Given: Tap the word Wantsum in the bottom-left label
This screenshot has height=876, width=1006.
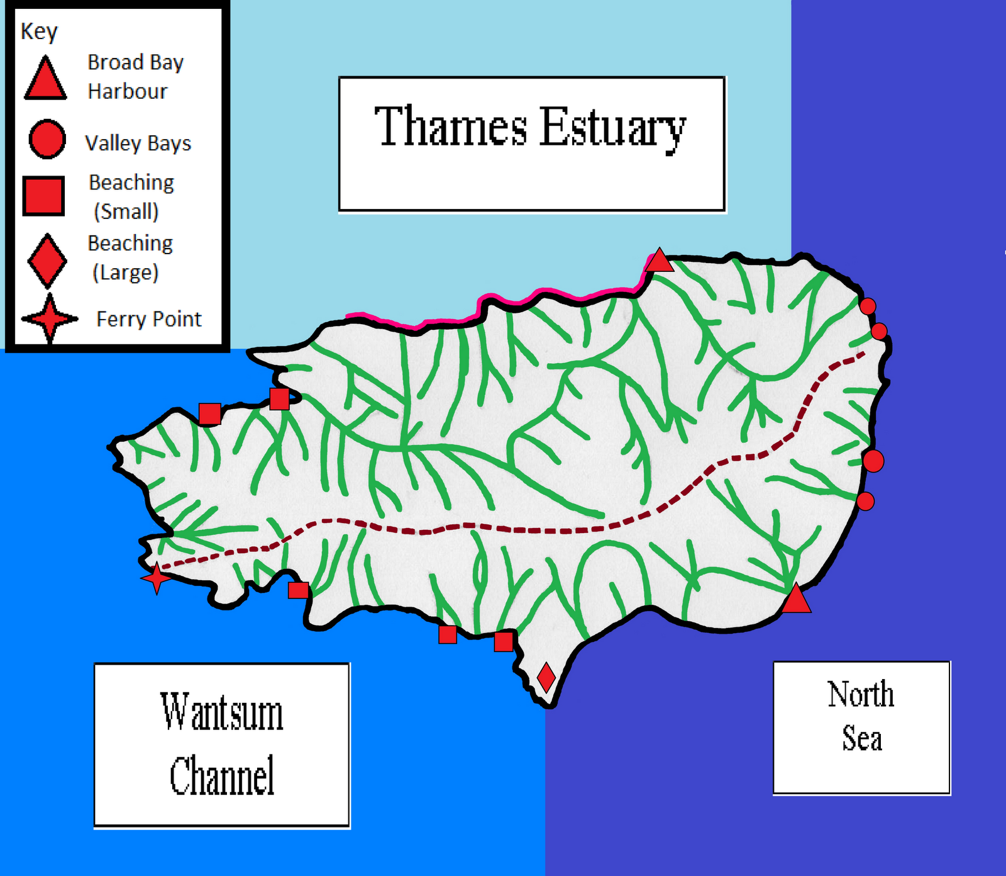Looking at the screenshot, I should (221, 712).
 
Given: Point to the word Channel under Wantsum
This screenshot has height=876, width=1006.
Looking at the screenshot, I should (222, 776).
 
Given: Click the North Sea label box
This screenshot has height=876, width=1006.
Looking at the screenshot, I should (861, 727).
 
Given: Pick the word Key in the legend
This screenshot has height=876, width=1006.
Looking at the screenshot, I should (38, 31).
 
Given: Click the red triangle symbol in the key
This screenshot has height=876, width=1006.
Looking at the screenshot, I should (45, 79).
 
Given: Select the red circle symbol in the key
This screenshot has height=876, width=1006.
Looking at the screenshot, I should (47, 139).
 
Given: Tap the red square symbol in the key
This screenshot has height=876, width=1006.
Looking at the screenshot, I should (43, 196).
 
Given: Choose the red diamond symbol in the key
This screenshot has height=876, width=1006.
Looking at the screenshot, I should (47, 261).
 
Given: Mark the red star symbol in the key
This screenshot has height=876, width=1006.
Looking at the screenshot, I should (49, 318).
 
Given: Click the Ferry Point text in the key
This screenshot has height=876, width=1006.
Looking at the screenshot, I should (149, 319).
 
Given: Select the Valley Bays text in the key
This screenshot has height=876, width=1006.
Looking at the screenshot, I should (138, 143).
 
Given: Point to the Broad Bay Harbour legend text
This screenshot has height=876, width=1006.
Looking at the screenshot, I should (135, 77).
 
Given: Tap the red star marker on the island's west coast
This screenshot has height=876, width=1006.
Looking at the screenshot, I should (156, 577).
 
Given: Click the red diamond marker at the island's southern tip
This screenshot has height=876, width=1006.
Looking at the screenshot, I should (546, 677).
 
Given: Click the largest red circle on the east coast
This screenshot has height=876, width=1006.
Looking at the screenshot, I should (873, 461).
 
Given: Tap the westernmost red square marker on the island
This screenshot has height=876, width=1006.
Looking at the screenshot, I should (209, 413).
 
